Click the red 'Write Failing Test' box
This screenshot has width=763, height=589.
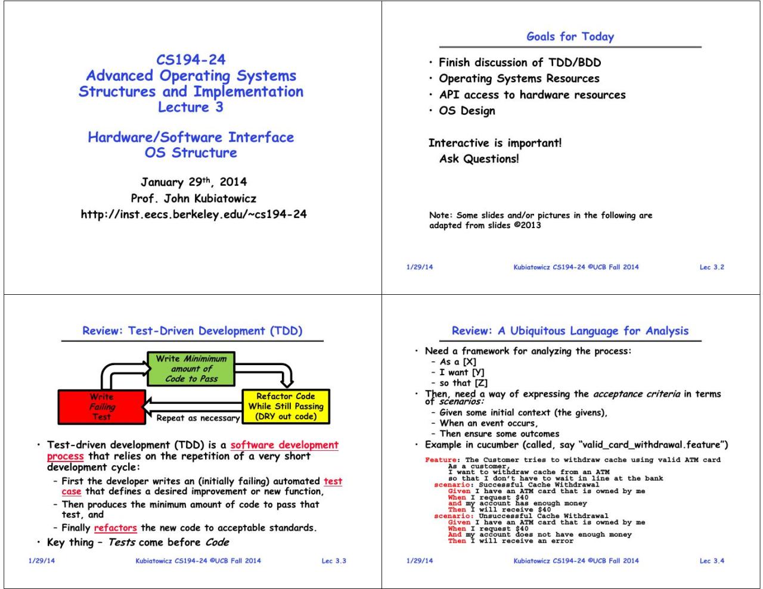tap(101, 407)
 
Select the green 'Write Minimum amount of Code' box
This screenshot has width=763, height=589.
tap(191, 369)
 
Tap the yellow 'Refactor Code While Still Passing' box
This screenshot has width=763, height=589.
tap(286, 406)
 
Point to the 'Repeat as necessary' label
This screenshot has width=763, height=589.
tap(198, 418)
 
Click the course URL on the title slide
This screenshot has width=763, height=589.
tap(194, 214)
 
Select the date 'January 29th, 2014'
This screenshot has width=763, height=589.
tap(194, 182)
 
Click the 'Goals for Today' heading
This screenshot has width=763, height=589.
tap(570, 36)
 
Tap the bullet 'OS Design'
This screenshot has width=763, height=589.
tap(467, 111)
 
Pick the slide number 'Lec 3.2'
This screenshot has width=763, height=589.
tap(712, 267)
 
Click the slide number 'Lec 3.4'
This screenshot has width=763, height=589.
tap(712, 560)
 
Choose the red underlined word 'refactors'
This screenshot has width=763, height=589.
tap(116, 528)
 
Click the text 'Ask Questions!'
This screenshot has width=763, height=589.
tap(479, 159)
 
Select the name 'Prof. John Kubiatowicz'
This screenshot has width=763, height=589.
tap(194, 198)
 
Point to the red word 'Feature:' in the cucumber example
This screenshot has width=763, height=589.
tap(442, 460)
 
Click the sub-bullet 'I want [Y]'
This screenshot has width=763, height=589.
tap(462, 372)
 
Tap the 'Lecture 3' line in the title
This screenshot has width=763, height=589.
tap(191, 107)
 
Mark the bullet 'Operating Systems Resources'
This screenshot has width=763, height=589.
tap(519, 79)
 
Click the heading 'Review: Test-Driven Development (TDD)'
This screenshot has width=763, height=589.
tap(192, 331)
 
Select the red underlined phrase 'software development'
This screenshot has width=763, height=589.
tap(284, 445)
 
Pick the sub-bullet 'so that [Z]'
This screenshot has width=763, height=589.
tap(464, 383)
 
